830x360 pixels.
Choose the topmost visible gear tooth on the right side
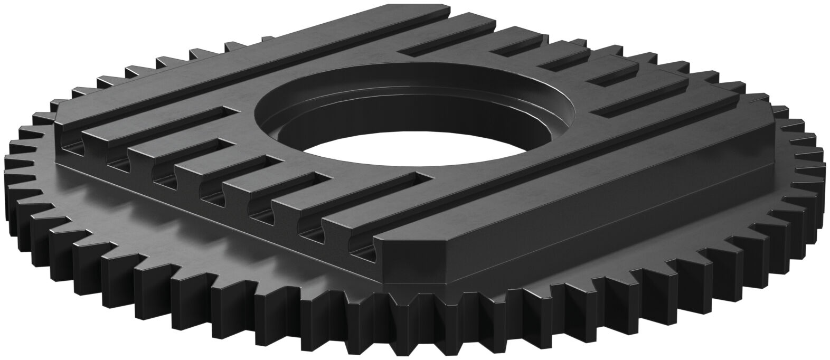click(x=761, y=98)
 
